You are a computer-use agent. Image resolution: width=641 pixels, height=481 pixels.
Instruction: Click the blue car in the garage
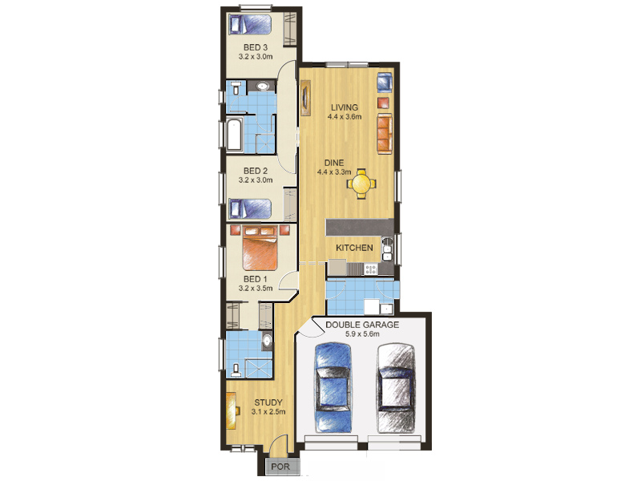click(x=333, y=388)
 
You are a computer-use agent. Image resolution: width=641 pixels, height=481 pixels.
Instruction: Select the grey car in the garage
click(x=396, y=388)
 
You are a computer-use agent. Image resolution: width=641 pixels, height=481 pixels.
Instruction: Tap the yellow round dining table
click(x=361, y=184)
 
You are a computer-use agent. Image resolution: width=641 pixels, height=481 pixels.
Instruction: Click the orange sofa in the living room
click(x=385, y=134)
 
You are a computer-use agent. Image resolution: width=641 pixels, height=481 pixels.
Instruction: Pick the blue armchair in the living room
click(x=385, y=83)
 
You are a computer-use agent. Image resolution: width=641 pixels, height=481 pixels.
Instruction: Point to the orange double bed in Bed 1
click(x=260, y=248)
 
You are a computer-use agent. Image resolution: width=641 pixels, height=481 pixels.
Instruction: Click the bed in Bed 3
click(x=250, y=25)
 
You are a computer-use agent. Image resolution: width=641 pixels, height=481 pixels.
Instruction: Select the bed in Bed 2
click(x=250, y=208)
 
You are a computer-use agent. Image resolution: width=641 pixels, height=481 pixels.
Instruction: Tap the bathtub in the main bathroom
click(x=235, y=135)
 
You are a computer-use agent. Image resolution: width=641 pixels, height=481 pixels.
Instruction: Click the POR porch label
click(x=280, y=467)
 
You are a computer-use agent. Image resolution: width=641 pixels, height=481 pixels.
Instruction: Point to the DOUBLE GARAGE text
click(x=362, y=325)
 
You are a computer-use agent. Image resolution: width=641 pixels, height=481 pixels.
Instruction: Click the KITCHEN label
click(x=354, y=248)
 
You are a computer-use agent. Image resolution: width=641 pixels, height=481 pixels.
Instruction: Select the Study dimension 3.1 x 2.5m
click(x=268, y=412)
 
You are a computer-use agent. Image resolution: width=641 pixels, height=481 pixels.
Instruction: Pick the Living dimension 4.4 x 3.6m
click(x=345, y=117)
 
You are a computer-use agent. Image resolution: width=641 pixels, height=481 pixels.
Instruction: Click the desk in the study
click(x=231, y=410)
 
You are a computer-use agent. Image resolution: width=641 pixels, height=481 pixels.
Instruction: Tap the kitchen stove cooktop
click(x=371, y=269)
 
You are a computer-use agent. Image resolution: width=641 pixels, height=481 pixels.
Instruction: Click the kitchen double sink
click(x=387, y=249)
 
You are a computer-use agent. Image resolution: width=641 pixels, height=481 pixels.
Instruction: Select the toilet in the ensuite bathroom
click(x=236, y=370)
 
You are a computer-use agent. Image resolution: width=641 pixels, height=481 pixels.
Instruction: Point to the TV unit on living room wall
click(x=305, y=97)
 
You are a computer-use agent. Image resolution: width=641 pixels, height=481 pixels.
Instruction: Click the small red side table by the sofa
click(x=383, y=103)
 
